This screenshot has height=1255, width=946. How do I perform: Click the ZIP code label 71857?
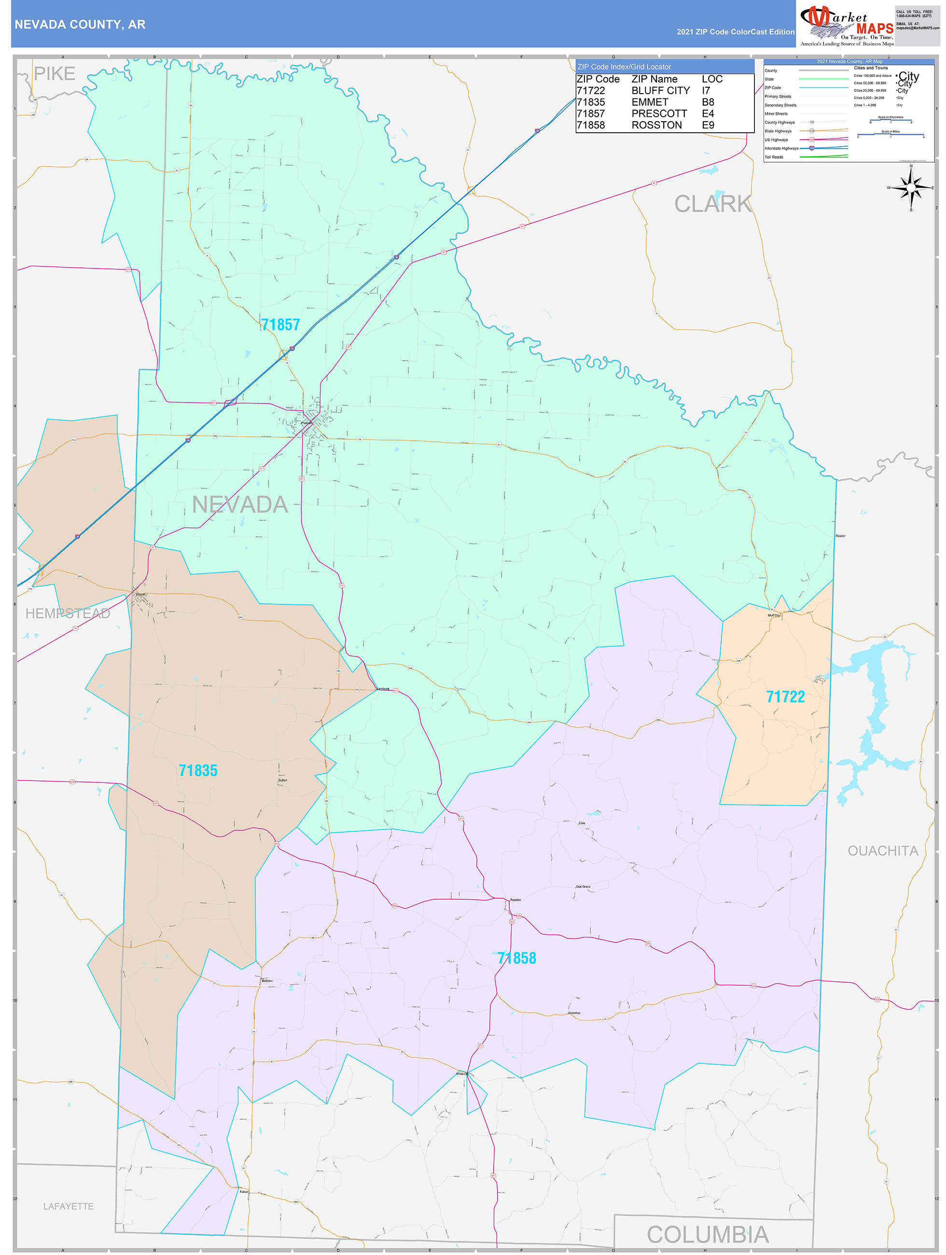280,325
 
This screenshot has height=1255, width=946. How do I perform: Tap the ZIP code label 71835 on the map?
198,770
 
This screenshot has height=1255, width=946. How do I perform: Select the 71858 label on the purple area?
516,958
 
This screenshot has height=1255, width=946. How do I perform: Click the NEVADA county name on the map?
240,504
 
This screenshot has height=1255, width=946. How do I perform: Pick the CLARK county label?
712,204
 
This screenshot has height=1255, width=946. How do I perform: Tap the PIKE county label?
55,74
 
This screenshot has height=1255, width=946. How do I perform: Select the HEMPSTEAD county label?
68,614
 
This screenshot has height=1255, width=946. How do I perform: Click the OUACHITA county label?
882,851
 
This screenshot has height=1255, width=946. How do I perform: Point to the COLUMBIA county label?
707,1235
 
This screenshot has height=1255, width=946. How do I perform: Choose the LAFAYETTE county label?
69,1206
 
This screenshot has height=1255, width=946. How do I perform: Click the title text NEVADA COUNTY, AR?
80,25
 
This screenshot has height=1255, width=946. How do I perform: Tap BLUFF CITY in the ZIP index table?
660,91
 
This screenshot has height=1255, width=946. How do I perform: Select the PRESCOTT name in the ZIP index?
658,113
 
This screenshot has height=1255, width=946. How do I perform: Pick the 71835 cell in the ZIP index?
590,102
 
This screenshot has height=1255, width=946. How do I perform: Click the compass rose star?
911,187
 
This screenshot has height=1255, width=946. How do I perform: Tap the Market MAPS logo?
846,25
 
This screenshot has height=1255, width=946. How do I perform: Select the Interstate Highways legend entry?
781,149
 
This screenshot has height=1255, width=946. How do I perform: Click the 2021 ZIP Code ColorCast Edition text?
735,32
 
